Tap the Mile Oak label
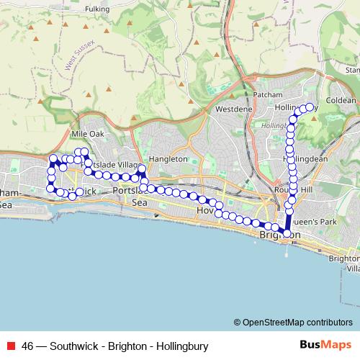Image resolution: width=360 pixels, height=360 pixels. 88,134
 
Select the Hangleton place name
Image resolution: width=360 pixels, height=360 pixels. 170,159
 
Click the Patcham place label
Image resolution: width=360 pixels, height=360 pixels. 269,95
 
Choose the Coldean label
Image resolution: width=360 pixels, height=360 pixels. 341,100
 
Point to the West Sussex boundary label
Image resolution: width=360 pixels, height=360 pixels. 80,55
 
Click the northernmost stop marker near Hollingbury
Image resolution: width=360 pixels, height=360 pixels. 311,107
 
